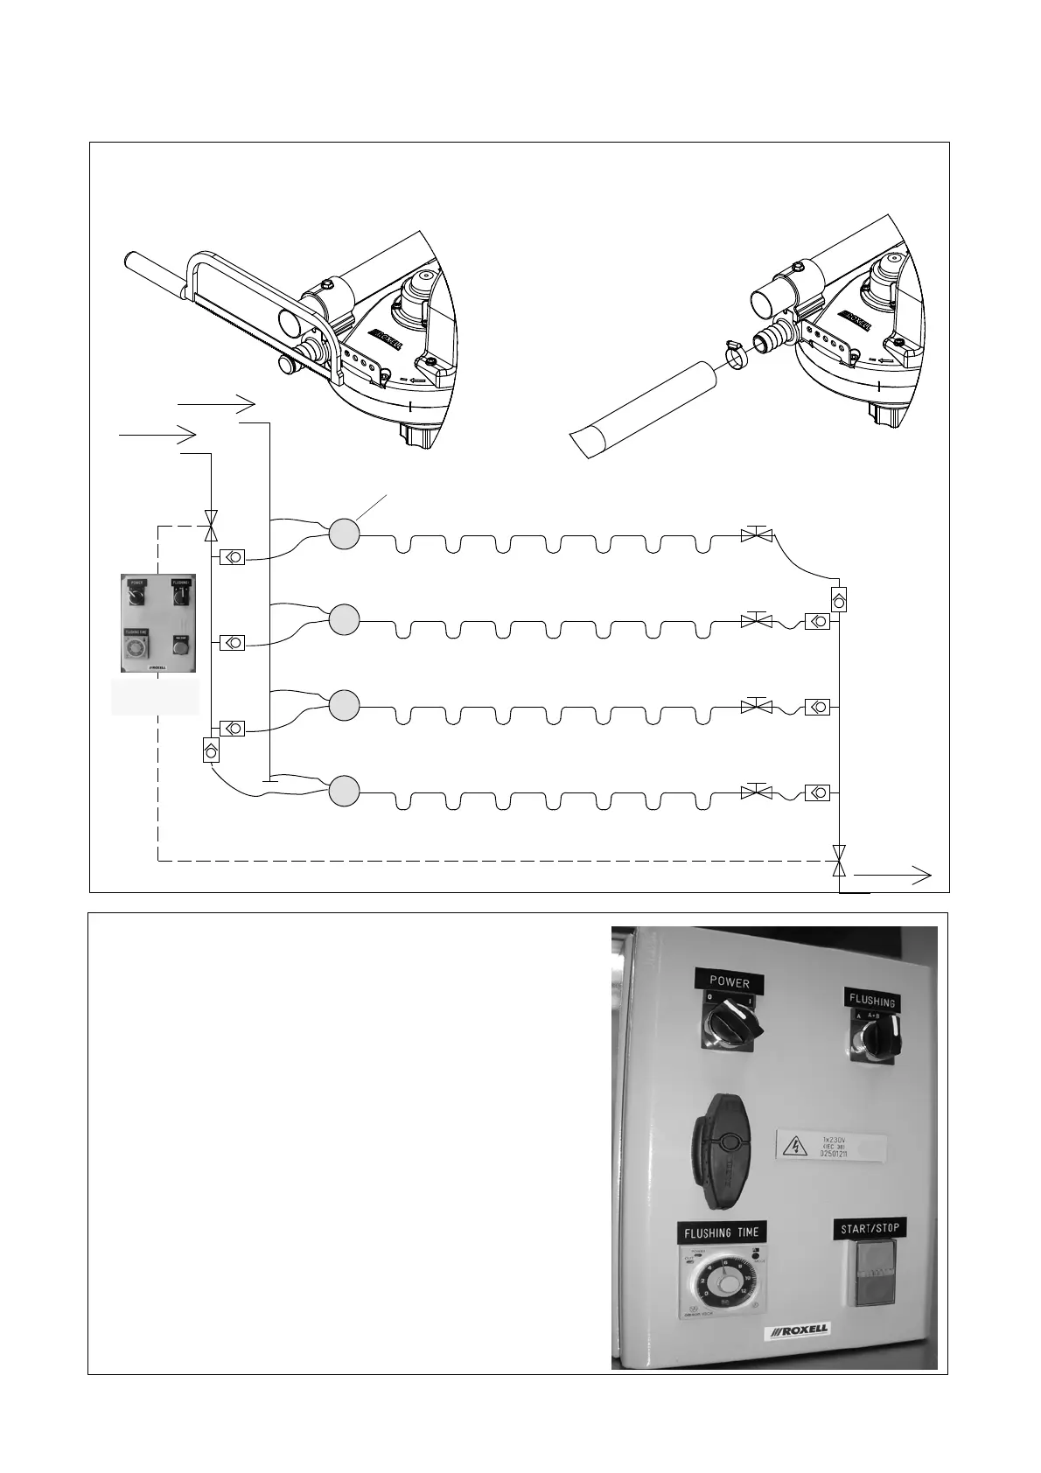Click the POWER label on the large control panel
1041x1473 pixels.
(730, 982)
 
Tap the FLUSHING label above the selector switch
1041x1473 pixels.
(871, 1001)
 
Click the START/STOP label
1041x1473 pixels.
(870, 1229)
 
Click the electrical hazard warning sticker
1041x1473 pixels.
(830, 1146)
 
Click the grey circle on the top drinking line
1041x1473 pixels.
(345, 534)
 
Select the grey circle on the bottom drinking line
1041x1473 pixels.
(345, 791)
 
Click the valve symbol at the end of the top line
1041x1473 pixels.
(753, 534)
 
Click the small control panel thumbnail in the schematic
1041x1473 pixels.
(158, 623)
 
